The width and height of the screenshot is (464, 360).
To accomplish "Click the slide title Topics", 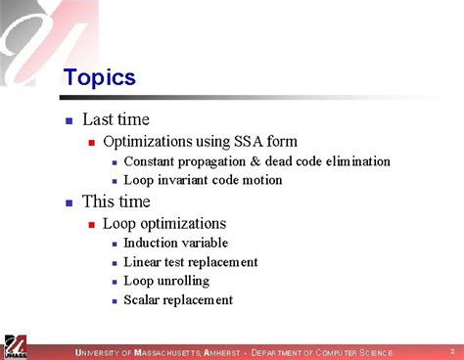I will [99, 77].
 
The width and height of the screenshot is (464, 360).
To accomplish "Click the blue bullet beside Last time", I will [69, 121].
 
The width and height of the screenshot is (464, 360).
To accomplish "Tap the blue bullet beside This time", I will [69, 203].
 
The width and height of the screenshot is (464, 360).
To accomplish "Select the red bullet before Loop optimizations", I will [91, 224].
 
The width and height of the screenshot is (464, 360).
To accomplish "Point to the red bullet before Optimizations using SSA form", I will [91, 143].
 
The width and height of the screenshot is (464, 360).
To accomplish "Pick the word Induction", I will [152, 243].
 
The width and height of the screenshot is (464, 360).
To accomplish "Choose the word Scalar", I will [144, 300].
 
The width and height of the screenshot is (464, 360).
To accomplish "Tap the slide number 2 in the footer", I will [452, 350].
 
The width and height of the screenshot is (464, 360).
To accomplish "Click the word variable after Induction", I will [205, 243].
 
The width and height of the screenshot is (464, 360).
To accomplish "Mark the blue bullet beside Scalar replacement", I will [115, 301].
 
